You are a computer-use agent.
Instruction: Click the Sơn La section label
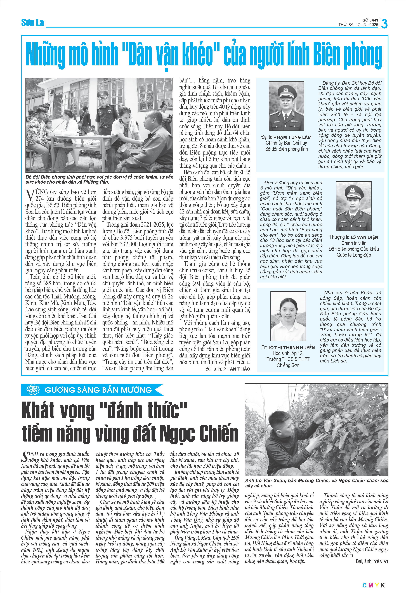32,23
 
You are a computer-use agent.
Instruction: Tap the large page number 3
384,24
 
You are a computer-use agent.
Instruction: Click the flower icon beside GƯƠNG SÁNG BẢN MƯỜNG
33,390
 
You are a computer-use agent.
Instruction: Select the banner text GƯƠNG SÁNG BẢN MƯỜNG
98,390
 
